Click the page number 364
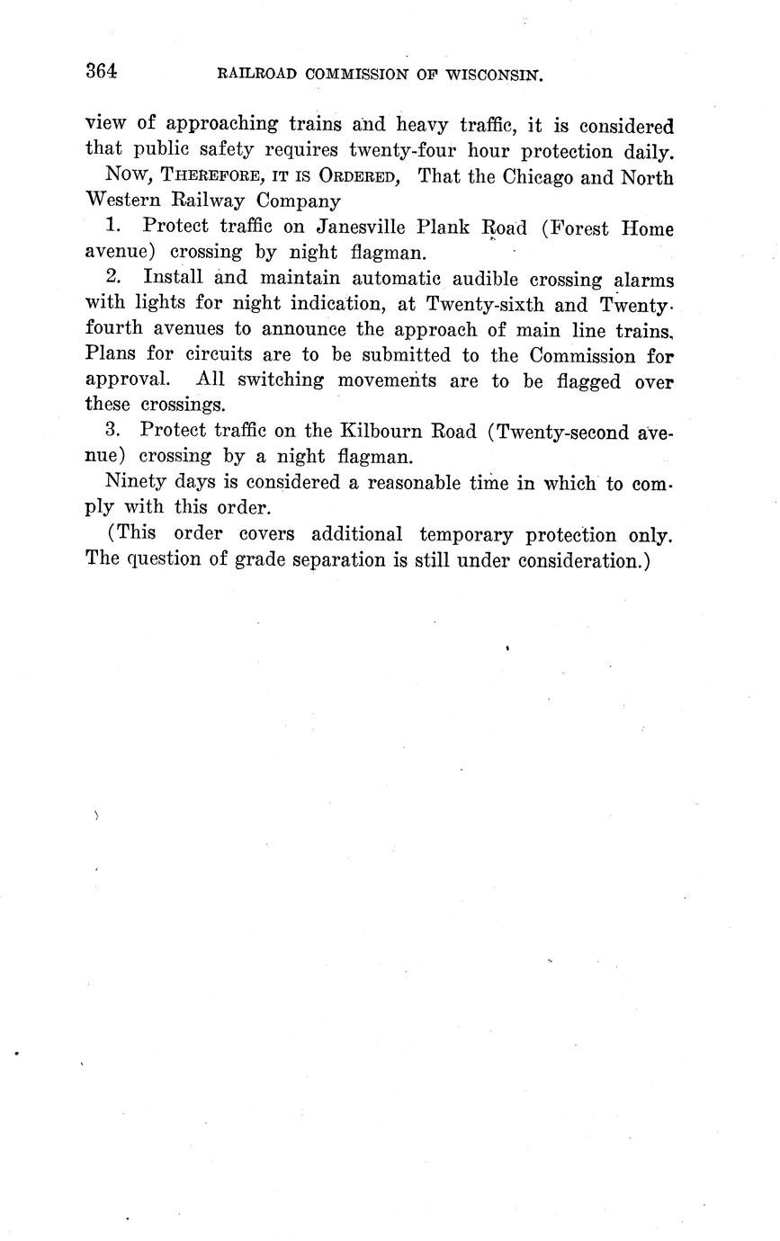[x=102, y=72]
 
